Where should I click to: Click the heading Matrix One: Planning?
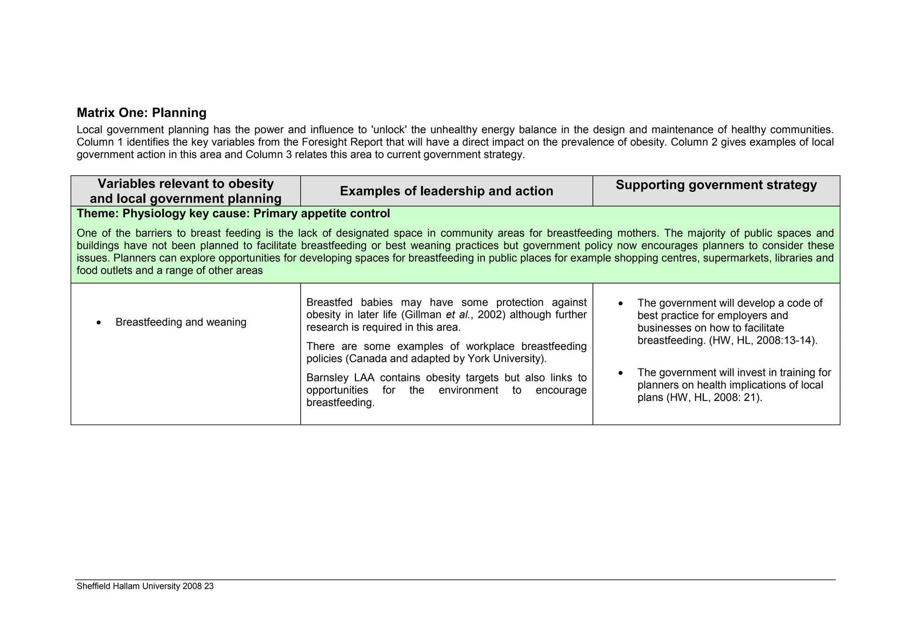pyautogui.click(x=141, y=113)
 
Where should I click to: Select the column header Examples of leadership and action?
pyautogui.click(x=446, y=191)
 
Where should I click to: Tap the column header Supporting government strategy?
pyautogui.click(x=716, y=185)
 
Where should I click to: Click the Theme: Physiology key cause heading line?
pyautogui.click(x=233, y=214)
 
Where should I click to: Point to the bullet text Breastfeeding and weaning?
pyautogui.click(x=181, y=322)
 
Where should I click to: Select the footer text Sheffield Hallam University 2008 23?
pyautogui.click(x=145, y=586)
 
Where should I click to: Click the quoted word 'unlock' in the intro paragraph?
pyautogui.click(x=389, y=130)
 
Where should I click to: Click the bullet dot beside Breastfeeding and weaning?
pyautogui.click(x=99, y=322)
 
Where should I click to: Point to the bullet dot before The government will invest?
pyautogui.click(x=621, y=373)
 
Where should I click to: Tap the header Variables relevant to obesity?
pyautogui.click(x=185, y=183)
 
